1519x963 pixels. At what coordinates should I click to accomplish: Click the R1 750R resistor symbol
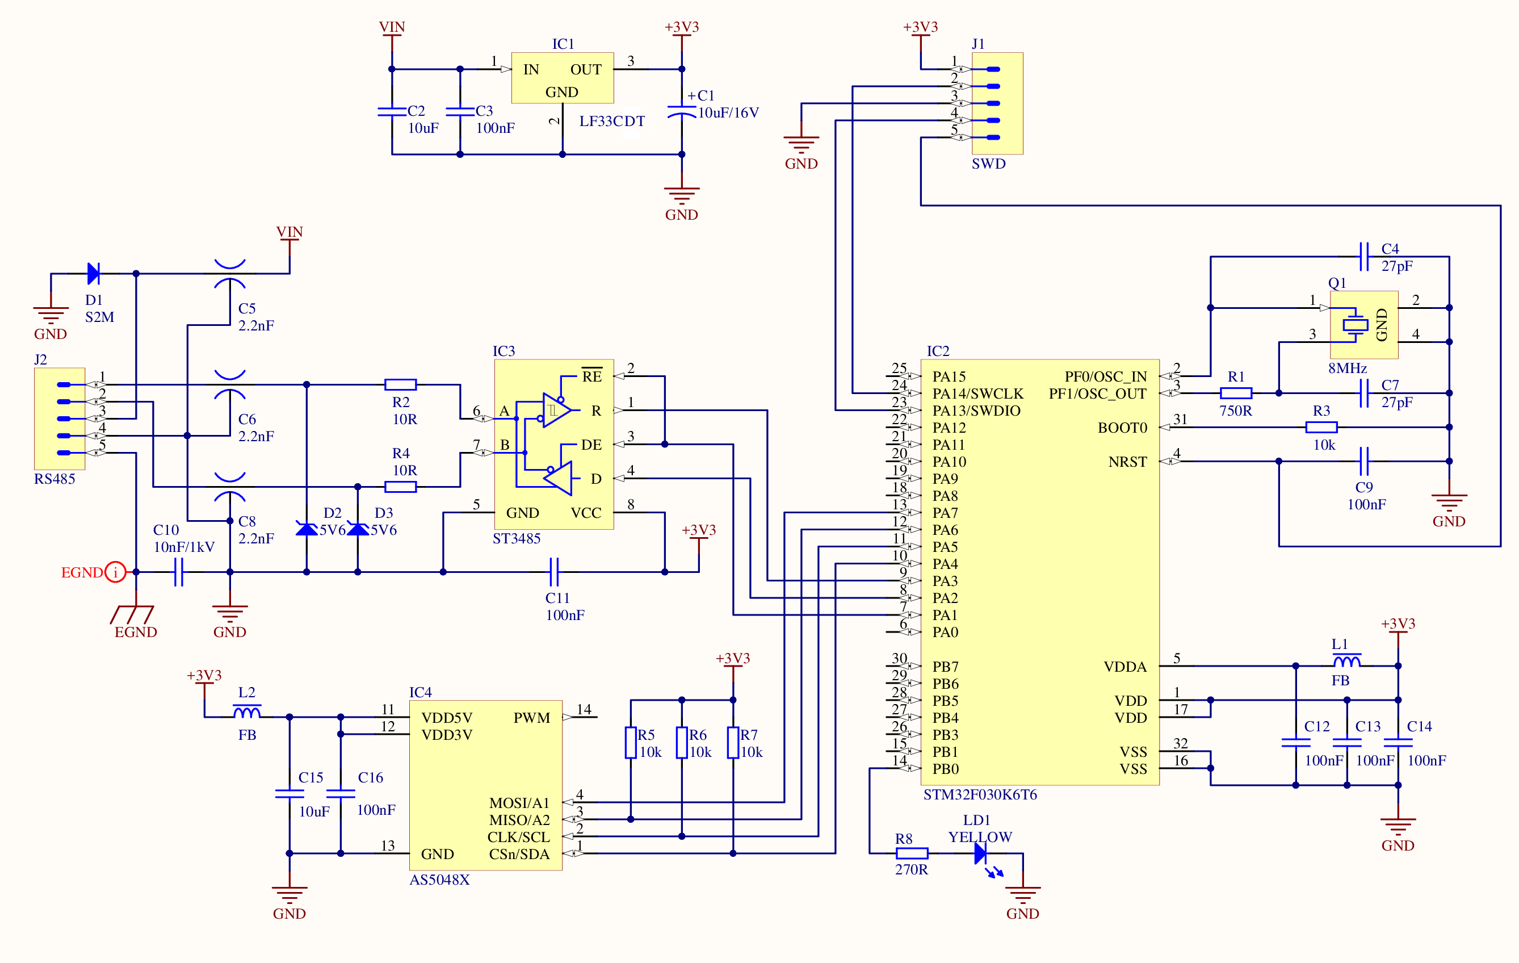click(1235, 393)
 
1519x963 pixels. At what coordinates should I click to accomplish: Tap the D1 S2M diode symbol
click(93, 273)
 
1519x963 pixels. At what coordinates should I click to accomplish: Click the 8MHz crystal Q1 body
click(1364, 324)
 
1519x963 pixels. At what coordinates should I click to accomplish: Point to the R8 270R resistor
click(912, 853)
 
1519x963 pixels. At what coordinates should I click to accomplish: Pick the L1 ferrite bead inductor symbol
click(1347, 661)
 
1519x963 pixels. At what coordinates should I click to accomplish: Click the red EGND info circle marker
click(115, 572)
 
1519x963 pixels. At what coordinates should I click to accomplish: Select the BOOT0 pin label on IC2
click(1122, 428)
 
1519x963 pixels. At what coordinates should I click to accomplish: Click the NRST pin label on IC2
click(1127, 462)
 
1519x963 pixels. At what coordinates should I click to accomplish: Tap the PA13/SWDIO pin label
click(976, 411)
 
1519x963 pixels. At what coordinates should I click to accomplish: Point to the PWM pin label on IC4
click(531, 718)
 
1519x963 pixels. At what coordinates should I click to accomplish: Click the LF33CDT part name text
click(612, 121)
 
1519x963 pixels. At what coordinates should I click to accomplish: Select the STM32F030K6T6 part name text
click(980, 794)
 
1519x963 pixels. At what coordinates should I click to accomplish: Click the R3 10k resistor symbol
click(1321, 427)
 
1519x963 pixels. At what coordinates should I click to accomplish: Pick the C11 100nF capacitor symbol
click(554, 572)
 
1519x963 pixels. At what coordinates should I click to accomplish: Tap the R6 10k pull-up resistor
click(681, 742)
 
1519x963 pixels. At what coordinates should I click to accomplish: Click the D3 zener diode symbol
click(358, 529)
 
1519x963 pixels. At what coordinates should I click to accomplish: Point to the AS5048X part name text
click(440, 880)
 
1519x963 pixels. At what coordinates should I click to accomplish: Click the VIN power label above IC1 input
click(392, 27)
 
